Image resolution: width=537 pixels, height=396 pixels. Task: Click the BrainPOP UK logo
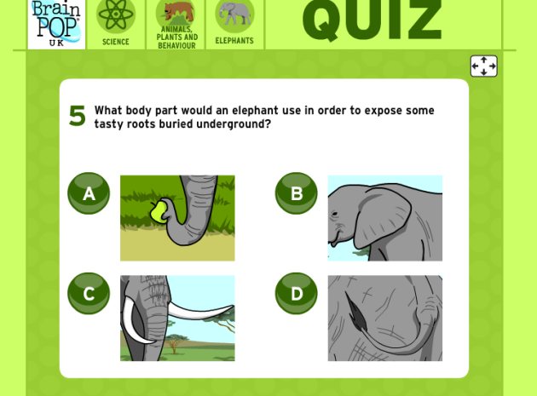(56, 23)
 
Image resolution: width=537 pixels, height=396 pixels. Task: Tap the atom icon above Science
(116, 15)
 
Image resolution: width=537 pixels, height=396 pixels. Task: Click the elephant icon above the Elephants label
(234, 15)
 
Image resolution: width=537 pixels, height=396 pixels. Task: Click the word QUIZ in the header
(372, 20)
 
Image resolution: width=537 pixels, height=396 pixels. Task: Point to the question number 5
(77, 116)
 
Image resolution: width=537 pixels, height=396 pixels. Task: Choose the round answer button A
(89, 193)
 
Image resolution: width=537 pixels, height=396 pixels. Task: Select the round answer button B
(297, 193)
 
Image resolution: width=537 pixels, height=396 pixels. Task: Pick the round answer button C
(89, 293)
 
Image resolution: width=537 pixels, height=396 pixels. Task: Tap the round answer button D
(297, 293)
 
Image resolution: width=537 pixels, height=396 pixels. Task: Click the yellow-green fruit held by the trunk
(159, 212)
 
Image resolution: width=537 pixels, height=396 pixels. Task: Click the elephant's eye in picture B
(335, 214)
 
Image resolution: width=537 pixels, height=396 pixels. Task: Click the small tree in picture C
(175, 342)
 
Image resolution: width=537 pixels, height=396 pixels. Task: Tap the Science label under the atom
(116, 42)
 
